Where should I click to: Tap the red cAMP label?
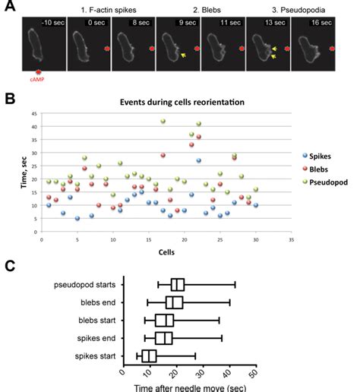[39, 78]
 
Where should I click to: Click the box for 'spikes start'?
[149, 356]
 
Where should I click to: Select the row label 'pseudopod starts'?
[85, 285]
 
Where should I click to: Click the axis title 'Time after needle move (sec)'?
[189, 385]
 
